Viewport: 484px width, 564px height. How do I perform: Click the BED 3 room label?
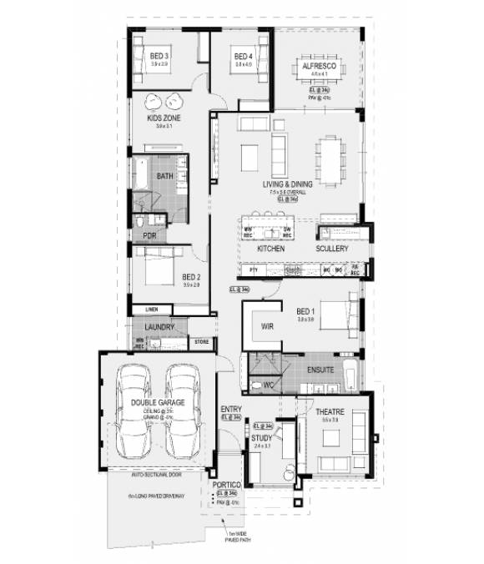coord(159,57)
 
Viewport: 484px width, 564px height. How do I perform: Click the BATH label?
coord(165,176)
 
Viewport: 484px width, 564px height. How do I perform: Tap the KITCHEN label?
coord(271,249)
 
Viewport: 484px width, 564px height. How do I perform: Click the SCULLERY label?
coord(331,249)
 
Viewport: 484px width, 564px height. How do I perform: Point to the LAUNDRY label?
coord(159,328)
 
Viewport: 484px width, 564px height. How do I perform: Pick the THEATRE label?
coord(330,411)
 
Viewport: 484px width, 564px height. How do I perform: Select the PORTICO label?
coord(227,485)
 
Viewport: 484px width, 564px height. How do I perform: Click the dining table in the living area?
coord(326,159)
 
